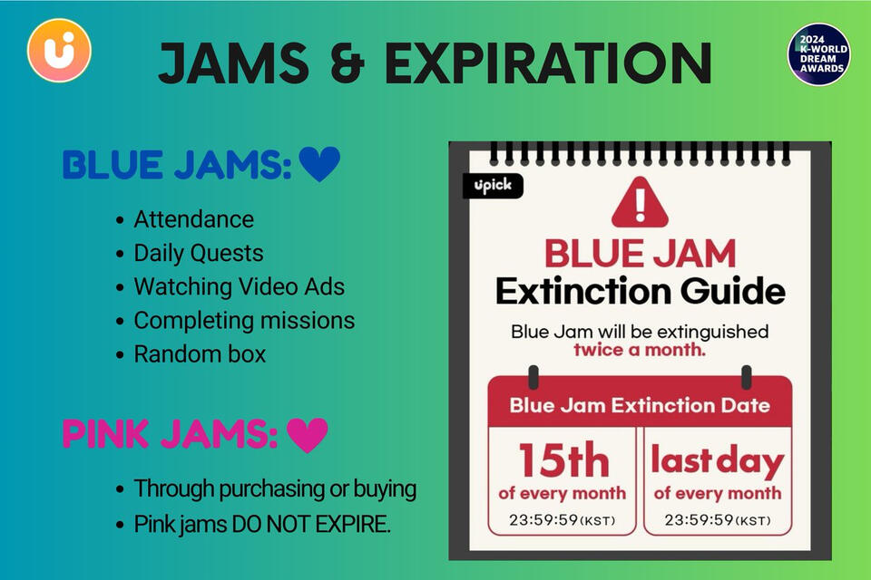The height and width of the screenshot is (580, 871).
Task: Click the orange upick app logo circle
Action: tap(59, 51)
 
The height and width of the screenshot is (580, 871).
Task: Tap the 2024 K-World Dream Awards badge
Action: tap(818, 54)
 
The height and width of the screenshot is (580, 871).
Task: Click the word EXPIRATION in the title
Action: tap(548, 63)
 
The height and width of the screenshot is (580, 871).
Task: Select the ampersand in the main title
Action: tap(347, 63)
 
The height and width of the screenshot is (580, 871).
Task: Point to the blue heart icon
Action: tap(319, 164)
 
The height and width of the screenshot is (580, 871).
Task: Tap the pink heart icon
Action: tap(308, 435)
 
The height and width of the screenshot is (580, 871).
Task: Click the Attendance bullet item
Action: tap(194, 219)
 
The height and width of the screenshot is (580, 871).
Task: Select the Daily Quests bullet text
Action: tap(199, 253)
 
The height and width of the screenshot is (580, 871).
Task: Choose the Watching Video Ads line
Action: tap(239, 287)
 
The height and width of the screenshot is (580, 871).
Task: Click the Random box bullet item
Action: tap(200, 354)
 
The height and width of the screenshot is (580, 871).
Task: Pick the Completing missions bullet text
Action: tap(244, 321)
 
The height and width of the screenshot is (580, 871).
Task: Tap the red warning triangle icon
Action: tap(640, 203)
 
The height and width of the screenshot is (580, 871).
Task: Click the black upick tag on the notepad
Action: tap(493, 186)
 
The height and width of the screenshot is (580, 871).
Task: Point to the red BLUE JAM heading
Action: tap(640, 254)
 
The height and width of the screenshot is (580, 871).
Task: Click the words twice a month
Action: tap(640, 350)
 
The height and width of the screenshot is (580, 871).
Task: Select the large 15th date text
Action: tap(563, 460)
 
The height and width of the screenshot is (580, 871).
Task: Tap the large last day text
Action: tap(717, 460)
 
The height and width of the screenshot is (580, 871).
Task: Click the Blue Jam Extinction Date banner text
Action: tap(640, 405)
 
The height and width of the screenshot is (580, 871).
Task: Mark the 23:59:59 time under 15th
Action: tap(562, 520)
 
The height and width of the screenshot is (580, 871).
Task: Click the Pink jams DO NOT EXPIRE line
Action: tap(262, 524)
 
